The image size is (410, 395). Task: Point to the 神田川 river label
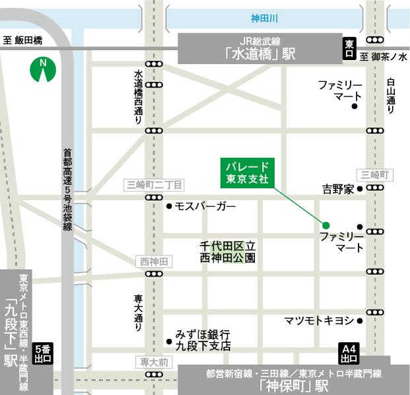(x=265, y=18)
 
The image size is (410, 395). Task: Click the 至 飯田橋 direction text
(x=22, y=41)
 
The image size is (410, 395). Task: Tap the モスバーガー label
(x=205, y=206)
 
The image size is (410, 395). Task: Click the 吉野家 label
(x=338, y=190)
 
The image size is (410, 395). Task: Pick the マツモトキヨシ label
(x=319, y=321)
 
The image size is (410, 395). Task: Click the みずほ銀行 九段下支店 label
(x=202, y=340)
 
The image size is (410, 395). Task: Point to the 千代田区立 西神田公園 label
(x=227, y=252)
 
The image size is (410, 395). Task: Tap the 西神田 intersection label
(x=154, y=262)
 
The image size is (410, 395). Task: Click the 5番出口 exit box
(x=42, y=353)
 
